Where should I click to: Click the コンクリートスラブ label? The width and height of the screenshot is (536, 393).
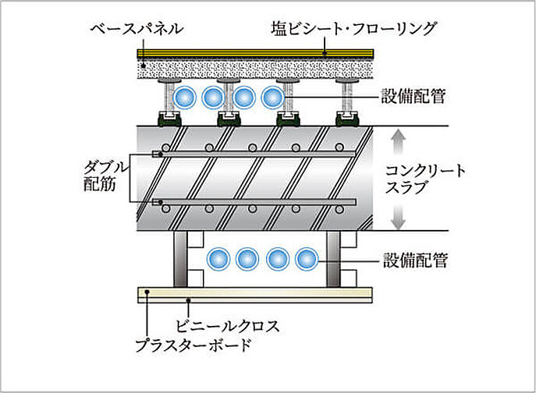coord(427,179)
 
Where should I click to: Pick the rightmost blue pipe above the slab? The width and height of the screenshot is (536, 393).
coord(272,98)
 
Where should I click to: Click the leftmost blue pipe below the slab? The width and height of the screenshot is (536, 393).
coord(217,258)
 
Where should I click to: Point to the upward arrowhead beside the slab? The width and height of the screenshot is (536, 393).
coord(397,137)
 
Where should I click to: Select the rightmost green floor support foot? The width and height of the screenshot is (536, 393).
coord(346,119)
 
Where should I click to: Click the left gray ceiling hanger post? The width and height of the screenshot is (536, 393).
coord(180,258)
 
